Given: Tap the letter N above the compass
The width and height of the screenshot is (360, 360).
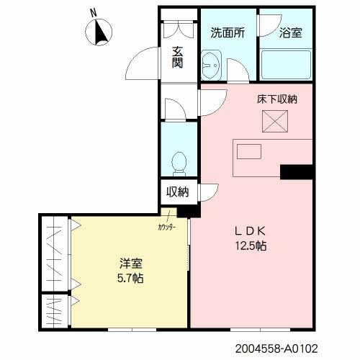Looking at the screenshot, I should pos(92,12).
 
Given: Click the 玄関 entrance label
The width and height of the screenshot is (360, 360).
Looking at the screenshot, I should pos(177,57).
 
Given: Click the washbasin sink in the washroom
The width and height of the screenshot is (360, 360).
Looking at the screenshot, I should pos(210,66).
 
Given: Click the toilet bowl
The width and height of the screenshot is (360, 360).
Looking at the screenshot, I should pos(180,162).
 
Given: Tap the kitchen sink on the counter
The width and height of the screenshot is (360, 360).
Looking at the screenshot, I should pos(249,152).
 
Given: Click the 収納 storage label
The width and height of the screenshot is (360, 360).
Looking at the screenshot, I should pos(178,192).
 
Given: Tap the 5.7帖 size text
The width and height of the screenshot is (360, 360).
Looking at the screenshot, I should pos(130,279).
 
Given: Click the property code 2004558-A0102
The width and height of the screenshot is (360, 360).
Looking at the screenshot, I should pos(276,348).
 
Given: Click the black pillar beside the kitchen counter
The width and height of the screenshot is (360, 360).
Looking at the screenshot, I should pos(296,171).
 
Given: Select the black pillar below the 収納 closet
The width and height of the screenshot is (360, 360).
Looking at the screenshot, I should pos(185,211).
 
